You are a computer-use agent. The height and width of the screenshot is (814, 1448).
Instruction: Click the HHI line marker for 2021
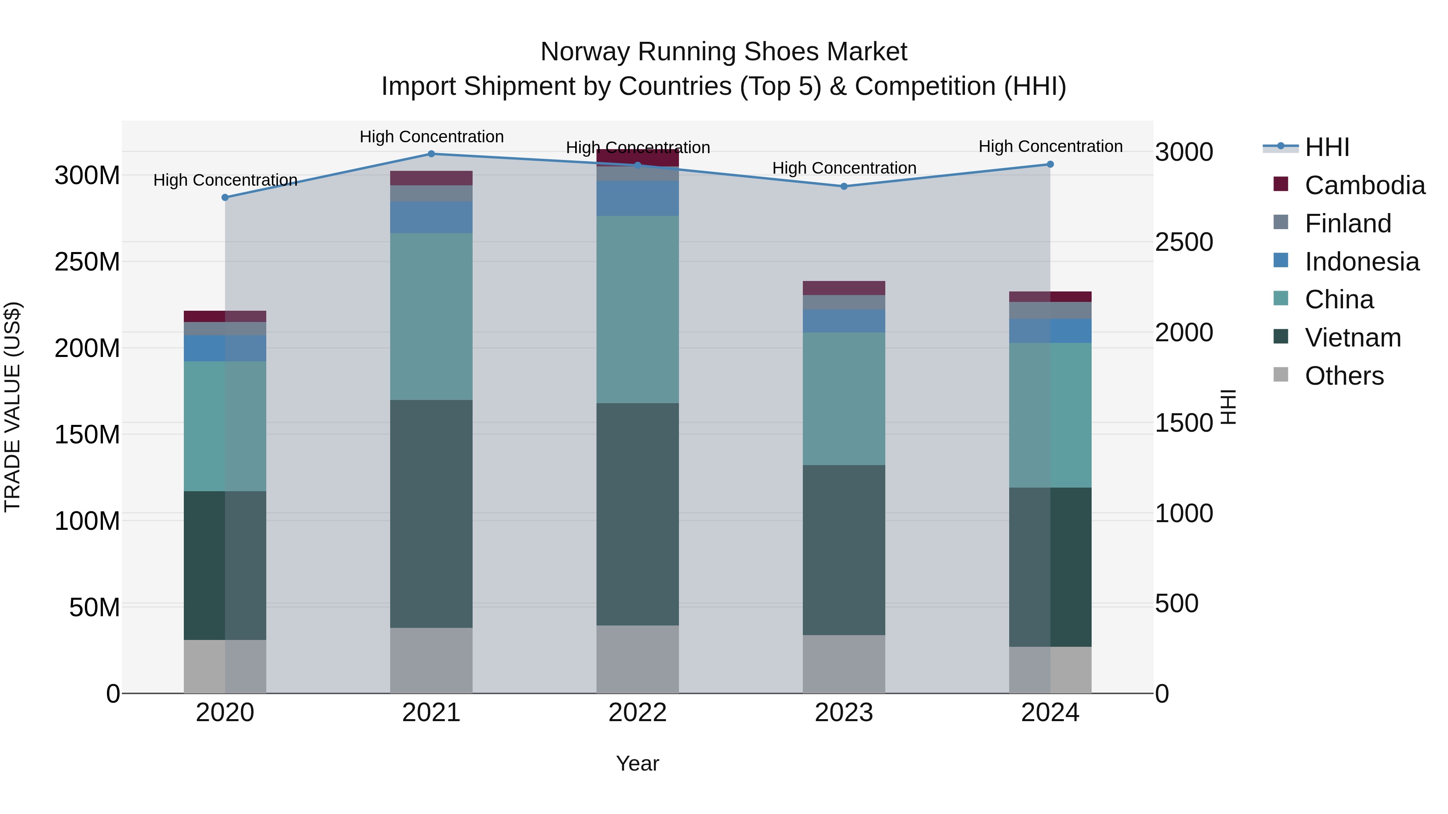pyautogui.click(x=431, y=154)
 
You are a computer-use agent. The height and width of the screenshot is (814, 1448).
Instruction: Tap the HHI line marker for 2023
pyautogui.click(x=844, y=187)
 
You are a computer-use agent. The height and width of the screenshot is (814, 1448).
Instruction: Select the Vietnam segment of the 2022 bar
pyautogui.click(x=638, y=514)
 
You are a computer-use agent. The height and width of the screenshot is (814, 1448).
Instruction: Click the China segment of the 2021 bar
pyautogui.click(x=431, y=316)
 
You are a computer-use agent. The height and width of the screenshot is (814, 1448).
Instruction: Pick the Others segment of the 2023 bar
pyautogui.click(x=844, y=664)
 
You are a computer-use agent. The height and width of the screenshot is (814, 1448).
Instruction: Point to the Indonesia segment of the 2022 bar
pyautogui.click(x=638, y=198)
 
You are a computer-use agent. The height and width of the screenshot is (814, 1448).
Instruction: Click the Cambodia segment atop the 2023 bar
pyautogui.click(x=844, y=288)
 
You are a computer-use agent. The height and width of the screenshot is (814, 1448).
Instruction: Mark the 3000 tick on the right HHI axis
pyautogui.click(x=1184, y=152)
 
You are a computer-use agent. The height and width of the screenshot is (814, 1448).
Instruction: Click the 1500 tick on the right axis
pyautogui.click(x=1184, y=423)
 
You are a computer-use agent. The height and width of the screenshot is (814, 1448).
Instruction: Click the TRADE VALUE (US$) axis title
pyautogui.click(x=12, y=407)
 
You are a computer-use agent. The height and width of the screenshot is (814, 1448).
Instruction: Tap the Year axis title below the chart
pyautogui.click(x=638, y=763)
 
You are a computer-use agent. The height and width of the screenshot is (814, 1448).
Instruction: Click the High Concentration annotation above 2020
pyautogui.click(x=225, y=180)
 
